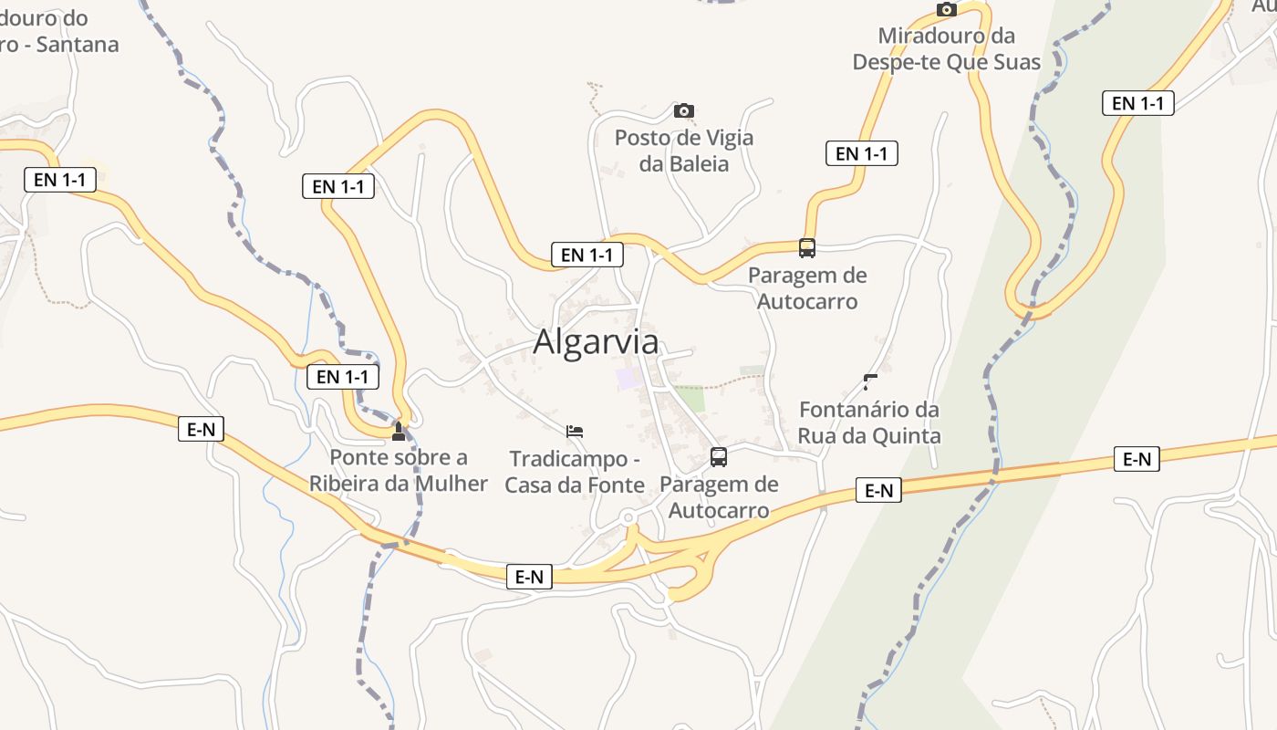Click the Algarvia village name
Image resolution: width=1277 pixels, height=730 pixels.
596,342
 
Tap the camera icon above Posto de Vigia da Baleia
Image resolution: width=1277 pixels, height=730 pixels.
683,110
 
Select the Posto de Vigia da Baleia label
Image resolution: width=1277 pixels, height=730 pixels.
684,151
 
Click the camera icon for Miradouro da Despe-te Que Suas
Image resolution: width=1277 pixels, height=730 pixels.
947,9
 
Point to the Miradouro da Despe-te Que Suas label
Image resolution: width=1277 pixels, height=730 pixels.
946,49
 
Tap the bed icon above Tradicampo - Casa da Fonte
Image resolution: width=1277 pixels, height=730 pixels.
575,431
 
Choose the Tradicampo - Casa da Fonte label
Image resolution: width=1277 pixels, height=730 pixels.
575,472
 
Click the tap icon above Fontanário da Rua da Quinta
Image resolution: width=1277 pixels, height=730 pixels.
869,381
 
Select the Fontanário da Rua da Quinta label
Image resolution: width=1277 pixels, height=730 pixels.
868,422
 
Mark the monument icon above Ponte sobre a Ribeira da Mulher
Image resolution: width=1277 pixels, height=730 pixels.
398,431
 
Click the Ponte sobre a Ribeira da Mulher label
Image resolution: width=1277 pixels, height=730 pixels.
398,470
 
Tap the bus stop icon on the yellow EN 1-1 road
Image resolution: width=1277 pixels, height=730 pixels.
806,247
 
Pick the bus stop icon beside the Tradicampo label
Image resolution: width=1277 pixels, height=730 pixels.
719,457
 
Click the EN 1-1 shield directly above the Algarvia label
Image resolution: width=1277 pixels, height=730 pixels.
587,255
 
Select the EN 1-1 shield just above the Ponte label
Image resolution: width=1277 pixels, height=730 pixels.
342,376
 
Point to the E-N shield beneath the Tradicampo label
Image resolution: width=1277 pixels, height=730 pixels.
529,577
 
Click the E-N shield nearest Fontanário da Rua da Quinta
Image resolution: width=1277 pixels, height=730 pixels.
878,491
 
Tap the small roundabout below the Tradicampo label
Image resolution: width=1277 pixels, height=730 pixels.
628,518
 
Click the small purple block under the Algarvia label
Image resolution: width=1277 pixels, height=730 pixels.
627,378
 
